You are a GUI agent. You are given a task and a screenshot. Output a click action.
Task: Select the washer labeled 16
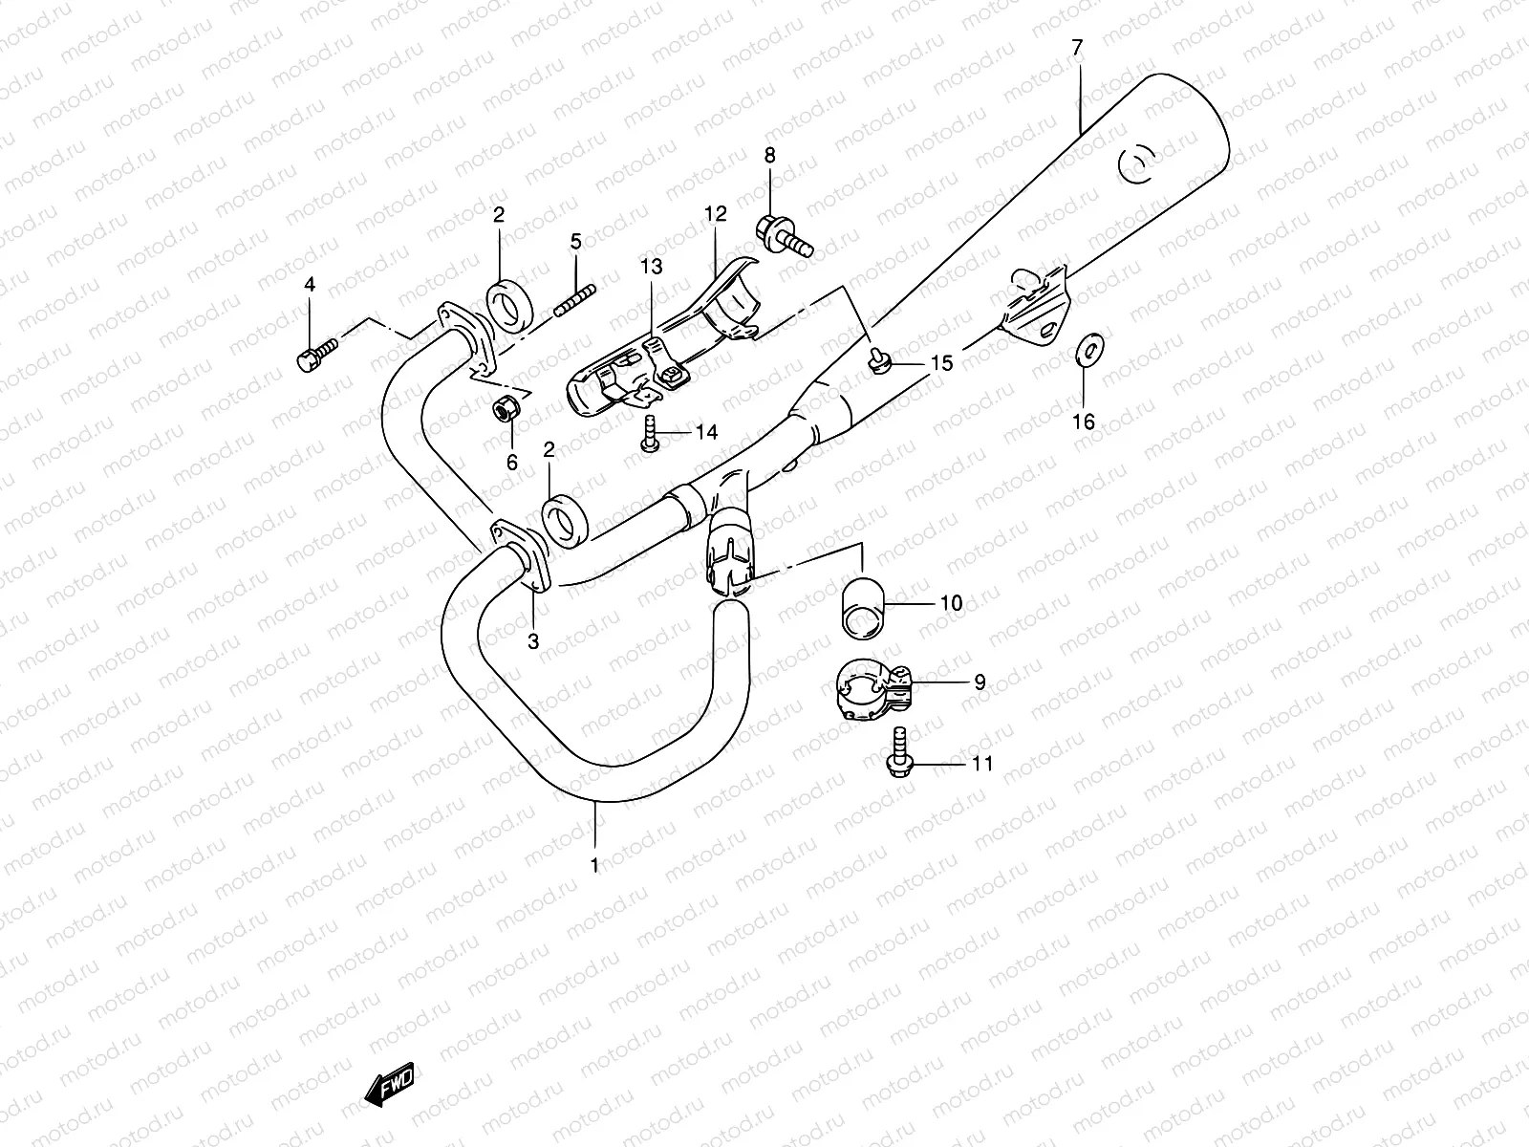coord(1087,352)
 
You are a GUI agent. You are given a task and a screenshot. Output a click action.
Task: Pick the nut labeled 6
coord(506,409)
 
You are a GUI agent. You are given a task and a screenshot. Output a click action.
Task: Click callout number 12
coord(716,214)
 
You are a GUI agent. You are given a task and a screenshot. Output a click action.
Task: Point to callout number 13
coord(651,268)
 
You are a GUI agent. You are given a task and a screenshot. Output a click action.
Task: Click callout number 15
coord(941,363)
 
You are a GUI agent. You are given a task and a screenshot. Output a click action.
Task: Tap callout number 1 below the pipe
coord(594,865)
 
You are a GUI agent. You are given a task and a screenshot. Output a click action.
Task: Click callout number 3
coord(533,641)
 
